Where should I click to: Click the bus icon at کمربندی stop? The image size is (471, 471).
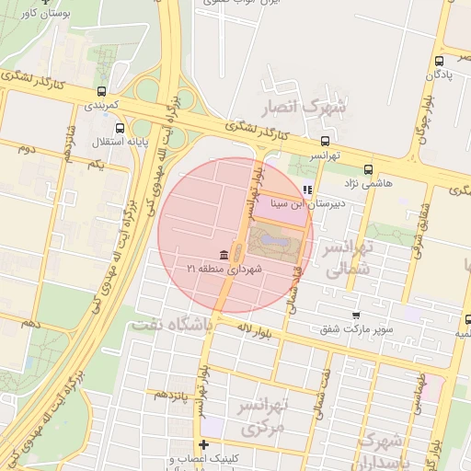(101, 91)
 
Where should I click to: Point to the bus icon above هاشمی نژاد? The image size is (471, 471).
(368, 169)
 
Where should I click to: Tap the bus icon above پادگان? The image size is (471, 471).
(440, 63)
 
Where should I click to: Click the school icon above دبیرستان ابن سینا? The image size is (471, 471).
(307, 190)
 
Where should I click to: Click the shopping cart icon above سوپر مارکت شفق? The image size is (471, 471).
(357, 315)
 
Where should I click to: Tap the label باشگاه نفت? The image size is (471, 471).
(171, 325)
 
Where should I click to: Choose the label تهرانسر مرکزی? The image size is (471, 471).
(265, 417)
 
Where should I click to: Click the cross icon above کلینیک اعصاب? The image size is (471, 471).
(203, 445)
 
